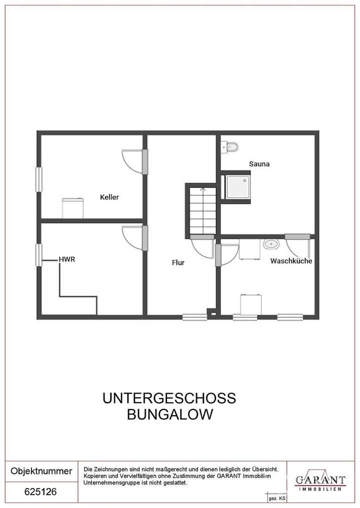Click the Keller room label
pos(109,197)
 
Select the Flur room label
pos(178,262)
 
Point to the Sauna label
pos(259,163)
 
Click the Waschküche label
pos(291,261)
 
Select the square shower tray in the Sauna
pos(237,186)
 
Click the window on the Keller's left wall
pos(38,178)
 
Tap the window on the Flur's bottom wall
pos(194,316)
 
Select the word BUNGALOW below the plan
pos(169,414)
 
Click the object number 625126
pos(40,492)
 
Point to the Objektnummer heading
pos(41,471)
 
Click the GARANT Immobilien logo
pos(320,481)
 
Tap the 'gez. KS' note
pos(276,499)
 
